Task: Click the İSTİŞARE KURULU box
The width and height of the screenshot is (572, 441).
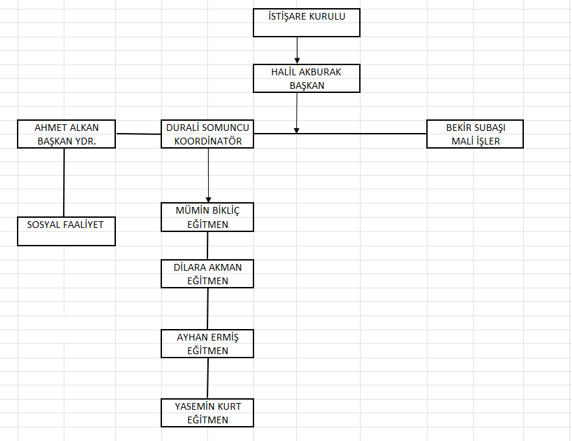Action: (306, 22)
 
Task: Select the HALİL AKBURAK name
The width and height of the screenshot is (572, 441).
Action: (306, 73)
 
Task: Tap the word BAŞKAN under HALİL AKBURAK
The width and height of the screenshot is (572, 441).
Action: (306, 85)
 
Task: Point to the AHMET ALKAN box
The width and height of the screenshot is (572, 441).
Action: (66, 134)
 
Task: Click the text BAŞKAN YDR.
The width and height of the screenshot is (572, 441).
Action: (66, 140)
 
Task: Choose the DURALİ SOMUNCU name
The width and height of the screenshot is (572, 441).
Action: (207, 128)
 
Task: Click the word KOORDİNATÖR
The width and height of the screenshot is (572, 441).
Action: (207, 140)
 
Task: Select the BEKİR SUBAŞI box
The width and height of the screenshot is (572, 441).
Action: (475, 134)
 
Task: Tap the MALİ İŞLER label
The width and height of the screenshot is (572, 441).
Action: (475, 140)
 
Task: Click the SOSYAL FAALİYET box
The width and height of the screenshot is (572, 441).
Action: (66, 231)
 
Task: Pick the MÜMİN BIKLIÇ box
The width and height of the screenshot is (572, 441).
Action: (207, 217)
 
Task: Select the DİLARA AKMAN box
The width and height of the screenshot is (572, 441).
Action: (207, 273)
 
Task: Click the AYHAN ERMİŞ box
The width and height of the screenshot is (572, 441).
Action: (207, 343)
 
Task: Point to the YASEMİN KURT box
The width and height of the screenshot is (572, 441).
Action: (207, 413)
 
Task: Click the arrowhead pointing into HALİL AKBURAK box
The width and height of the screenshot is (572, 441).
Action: (297, 61)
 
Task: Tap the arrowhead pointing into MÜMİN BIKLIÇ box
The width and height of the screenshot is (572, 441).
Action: (208, 198)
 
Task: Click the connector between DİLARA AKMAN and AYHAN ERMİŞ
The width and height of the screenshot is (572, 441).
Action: (207, 309)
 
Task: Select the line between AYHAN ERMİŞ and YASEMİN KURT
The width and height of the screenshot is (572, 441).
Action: (207, 378)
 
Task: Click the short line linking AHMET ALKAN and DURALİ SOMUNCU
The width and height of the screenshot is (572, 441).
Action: (138, 134)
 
